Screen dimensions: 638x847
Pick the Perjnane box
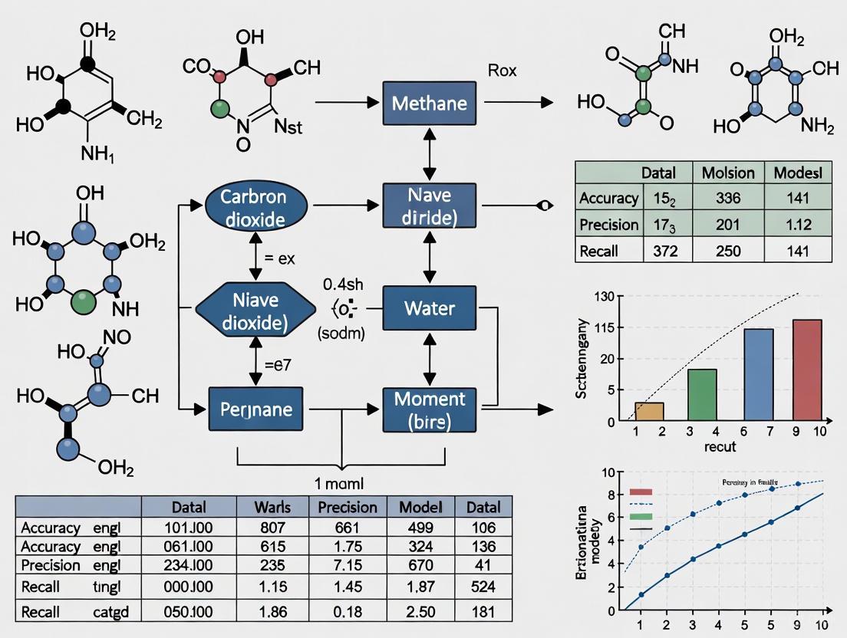(251, 409)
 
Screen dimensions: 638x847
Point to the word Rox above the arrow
(503, 71)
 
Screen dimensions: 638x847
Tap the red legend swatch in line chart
(640, 492)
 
